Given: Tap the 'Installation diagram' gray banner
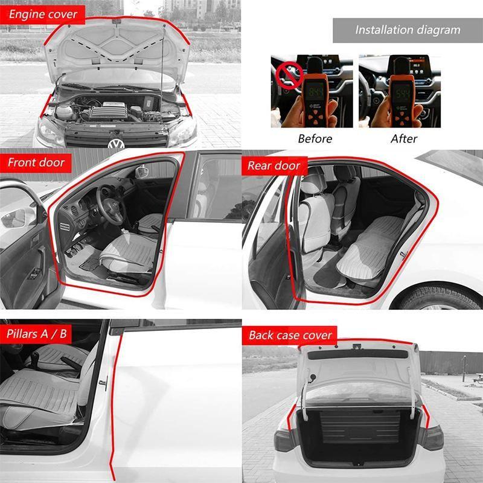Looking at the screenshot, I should [x=408, y=30].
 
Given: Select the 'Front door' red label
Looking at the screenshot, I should [x=36, y=162].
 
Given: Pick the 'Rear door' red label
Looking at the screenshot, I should [x=273, y=165].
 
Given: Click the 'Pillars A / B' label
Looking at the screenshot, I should [x=37, y=334].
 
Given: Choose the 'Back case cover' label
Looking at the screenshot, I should [x=290, y=335].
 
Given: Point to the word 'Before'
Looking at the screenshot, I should [x=315, y=138].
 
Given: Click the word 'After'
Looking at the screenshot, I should [x=404, y=138].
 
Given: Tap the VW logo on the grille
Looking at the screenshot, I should [x=115, y=144].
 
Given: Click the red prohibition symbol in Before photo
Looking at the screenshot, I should [x=289, y=76].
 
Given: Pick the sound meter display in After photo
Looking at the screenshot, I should [x=401, y=92].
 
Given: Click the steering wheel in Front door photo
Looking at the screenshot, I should [x=111, y=209].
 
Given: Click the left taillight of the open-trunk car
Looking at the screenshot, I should [x=285, y=440].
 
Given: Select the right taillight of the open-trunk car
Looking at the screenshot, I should [x=432, y=438].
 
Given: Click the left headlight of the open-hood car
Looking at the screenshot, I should [x=50, y=129].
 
